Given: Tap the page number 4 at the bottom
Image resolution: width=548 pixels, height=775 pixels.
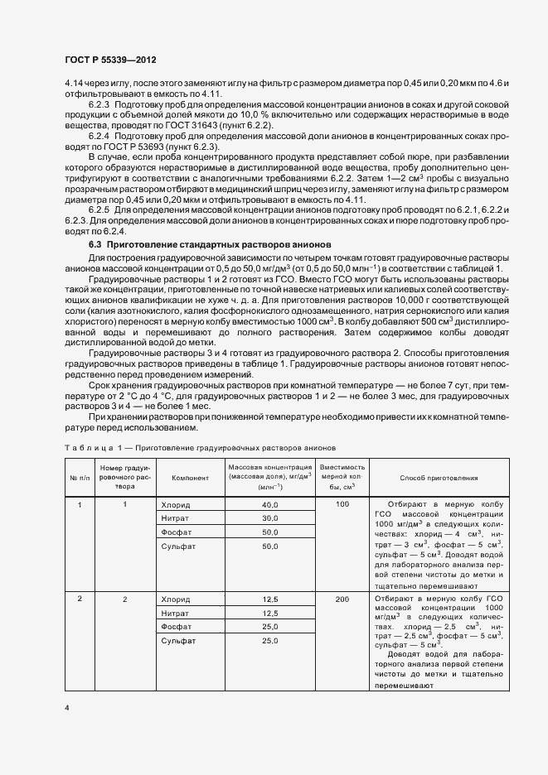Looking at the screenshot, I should (x=67, y=709).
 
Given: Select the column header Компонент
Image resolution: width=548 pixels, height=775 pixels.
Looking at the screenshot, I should (x=184, y=479).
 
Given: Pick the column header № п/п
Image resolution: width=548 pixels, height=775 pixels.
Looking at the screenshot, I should (x=80, y=479).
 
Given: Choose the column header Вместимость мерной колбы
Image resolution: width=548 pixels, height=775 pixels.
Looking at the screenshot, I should (x=342, y=479).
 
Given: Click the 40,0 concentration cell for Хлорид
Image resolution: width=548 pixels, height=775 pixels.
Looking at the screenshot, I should (x=269, y=505).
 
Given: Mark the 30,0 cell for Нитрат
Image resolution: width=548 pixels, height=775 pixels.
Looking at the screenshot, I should (x=269, y=518).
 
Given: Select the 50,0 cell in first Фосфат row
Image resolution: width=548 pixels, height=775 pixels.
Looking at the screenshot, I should (x=269, y=532).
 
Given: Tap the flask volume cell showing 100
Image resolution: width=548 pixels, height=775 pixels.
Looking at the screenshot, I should (x=342, y=504).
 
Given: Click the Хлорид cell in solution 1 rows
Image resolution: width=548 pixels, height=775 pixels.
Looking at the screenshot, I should (x=175, y=505).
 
